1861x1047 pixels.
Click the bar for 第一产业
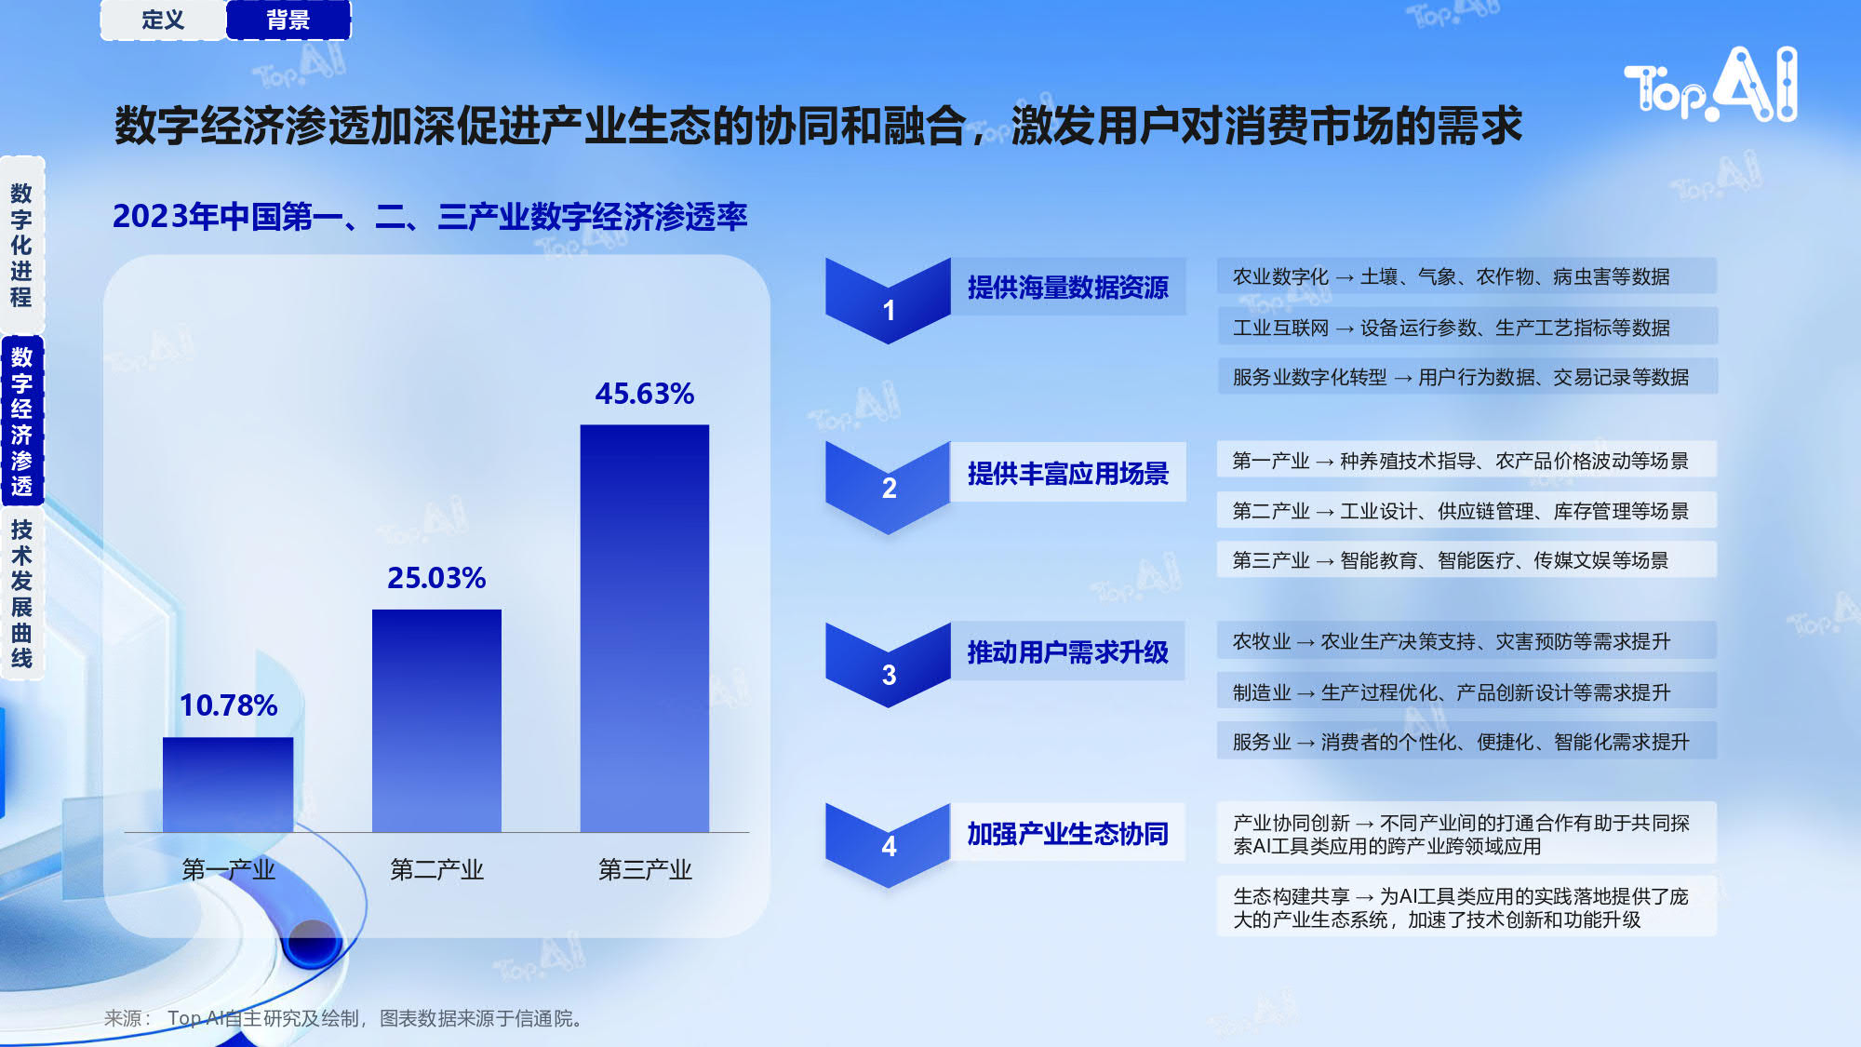[x=228, y=785]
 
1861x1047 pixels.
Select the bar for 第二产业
[x=436, y=720]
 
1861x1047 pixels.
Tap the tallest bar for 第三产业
[x=645, y=628]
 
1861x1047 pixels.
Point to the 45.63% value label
[x=645, y=394]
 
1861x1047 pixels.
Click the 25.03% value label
[x=436, y=578]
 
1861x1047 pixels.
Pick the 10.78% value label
[x=228, y=705]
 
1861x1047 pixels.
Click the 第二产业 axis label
[x=436, y=869]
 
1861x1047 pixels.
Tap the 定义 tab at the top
[x=163, y=20]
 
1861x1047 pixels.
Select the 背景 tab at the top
[x=288, y=20]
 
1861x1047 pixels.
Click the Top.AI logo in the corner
[x=1711, y=85]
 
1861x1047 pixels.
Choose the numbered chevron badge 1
[x=889, y=301]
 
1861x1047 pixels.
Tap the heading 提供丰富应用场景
[x=1067, y=474]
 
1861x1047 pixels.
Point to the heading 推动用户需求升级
[x=1067, y=652]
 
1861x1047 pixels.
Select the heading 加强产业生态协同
[x=1067, y=834]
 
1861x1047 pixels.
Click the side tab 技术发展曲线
[x=21, y=594]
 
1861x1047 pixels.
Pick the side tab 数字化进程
[x=21, y=246]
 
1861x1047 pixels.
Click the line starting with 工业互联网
[x=1451, y=328]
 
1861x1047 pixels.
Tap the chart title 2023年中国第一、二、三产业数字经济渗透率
[x=430, y=217]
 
